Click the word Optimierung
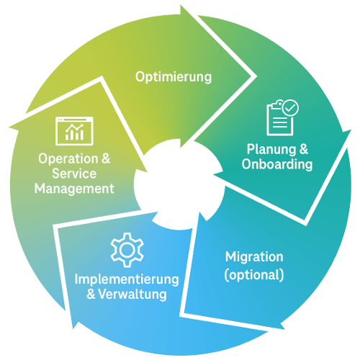coord(174,76)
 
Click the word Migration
coord(254,257)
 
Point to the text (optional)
coord(254,274)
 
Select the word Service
coord(74,174)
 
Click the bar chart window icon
coord(74,130)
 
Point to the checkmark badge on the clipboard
coord(291,108)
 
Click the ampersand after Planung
coord(303,150)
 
